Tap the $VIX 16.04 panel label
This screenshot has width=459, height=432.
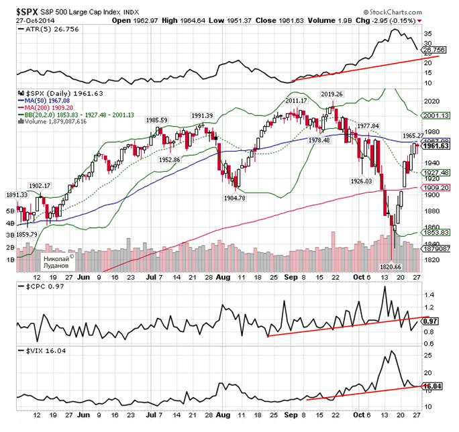pos(34,350)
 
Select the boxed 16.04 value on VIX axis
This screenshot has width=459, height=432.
pos(436,386)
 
